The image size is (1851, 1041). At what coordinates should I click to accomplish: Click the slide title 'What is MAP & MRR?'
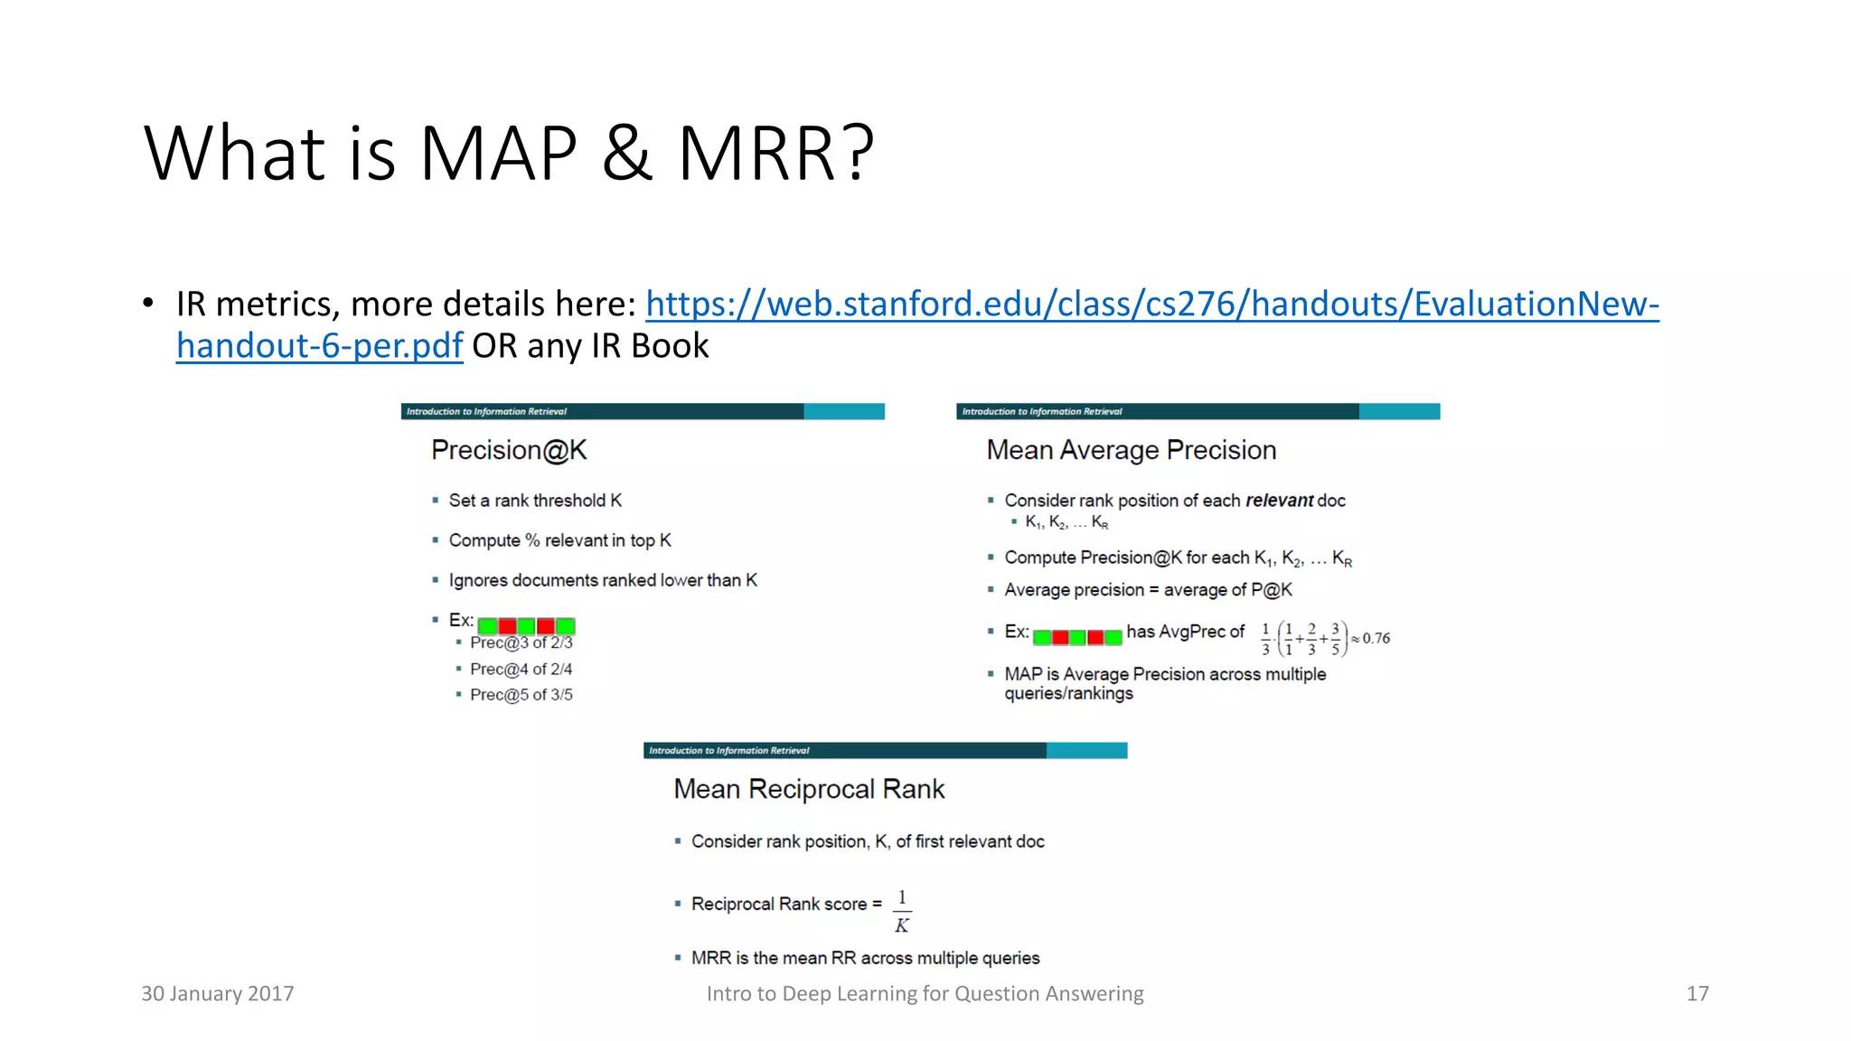coord(509,153)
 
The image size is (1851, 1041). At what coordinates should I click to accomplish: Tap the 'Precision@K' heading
coord(509,450)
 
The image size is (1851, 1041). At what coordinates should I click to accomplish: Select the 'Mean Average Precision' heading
coord(1131,450)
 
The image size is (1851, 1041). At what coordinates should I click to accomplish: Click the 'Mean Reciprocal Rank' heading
coord(809,789)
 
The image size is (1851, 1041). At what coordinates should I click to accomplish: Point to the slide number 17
coord(1697,993)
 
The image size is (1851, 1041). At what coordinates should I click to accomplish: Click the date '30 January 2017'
coord(218,993)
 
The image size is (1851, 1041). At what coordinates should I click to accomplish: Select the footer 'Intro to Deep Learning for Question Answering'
coord(925,993)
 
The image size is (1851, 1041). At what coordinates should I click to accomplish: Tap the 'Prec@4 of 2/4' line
coord(521,669)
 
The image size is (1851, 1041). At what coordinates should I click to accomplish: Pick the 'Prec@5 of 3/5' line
coord(521,695)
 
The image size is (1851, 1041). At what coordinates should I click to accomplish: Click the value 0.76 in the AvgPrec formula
coord(1376,638)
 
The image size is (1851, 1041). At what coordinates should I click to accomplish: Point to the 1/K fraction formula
coord(902,911)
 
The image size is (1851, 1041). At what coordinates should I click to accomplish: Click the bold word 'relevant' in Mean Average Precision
coord(1279,501)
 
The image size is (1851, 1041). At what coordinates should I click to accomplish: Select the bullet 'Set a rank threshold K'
coord(535,501)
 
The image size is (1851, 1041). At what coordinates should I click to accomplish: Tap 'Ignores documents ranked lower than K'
coord(603,580)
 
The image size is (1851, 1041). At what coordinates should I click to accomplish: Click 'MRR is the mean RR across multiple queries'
coord(865,958)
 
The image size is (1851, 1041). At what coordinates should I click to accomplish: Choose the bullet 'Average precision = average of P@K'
coord(1148,590)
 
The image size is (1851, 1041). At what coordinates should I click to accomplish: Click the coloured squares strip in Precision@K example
coord(526,625)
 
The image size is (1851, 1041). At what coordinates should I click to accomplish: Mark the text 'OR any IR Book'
coord(590,346)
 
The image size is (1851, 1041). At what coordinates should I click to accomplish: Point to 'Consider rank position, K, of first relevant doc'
coord(868,841)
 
